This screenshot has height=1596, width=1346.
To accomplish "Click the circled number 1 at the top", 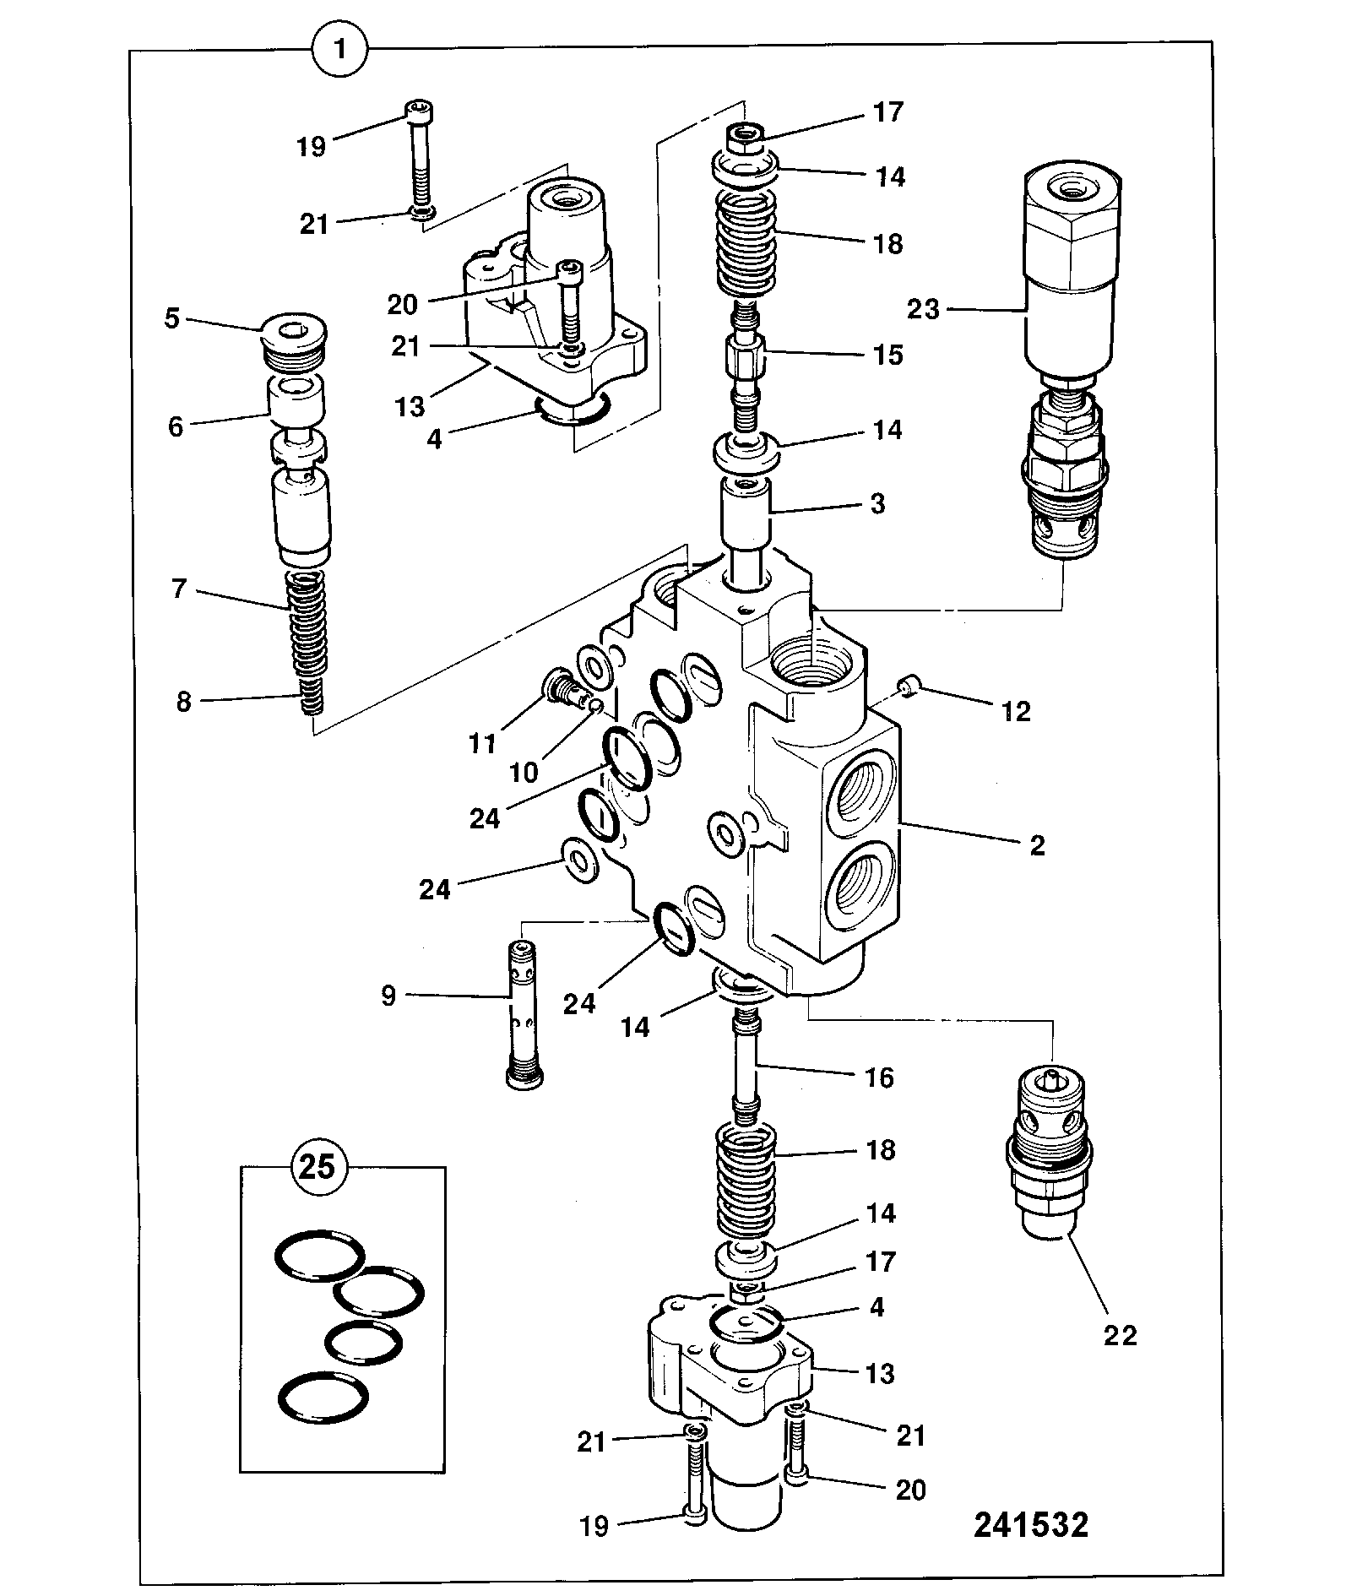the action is click(339, 50).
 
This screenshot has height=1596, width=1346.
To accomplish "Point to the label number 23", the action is click(923, 310).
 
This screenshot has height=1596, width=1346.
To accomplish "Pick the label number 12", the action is click(1017, 712).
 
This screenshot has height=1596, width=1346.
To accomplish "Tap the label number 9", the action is click(388, 996).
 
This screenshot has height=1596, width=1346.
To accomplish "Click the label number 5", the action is click(171, 320).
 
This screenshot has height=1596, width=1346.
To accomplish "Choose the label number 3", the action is click(877, 504).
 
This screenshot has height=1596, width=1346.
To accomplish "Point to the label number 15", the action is click(887, 355).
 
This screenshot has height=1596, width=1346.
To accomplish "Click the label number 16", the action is click(879, 1078).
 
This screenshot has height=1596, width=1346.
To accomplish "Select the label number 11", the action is click(482, 743).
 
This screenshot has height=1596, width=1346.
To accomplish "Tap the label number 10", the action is click(524, 772).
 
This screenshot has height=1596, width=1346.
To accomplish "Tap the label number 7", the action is click(178, 589).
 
